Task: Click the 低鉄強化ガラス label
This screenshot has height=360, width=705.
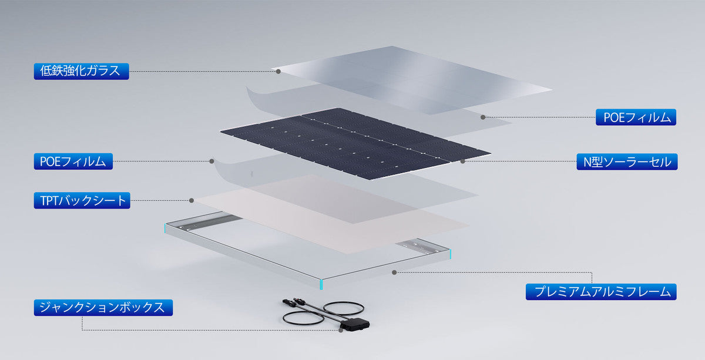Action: coord(81,71)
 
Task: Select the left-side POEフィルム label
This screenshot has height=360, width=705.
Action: coord(73,162)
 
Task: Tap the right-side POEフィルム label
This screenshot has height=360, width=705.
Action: coord(636,117)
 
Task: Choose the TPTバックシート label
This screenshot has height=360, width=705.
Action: coord(82,200)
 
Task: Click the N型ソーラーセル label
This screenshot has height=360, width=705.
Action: coord(627,162)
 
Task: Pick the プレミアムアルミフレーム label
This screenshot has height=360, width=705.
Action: coord(601,292)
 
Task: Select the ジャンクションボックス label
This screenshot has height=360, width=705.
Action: coord(103,308)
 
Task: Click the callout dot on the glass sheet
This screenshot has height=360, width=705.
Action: coord(278,72)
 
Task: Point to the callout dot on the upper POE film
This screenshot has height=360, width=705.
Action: coord(483,117)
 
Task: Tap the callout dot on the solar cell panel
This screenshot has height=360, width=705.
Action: coord(462,162)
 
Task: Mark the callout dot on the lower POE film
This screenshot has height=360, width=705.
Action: coord(212,161)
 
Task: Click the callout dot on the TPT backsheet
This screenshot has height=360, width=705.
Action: coord(192,200)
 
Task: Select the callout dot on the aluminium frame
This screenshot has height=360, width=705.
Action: coord(394,272)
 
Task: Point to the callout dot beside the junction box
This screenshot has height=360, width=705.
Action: coord(341,330)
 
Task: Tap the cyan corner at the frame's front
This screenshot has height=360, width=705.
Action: coord(321,284)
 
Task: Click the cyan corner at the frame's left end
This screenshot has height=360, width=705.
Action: coord(164,228)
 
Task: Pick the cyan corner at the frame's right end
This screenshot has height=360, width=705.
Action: coord(450,254)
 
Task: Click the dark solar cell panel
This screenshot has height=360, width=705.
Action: coord(355,144)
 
